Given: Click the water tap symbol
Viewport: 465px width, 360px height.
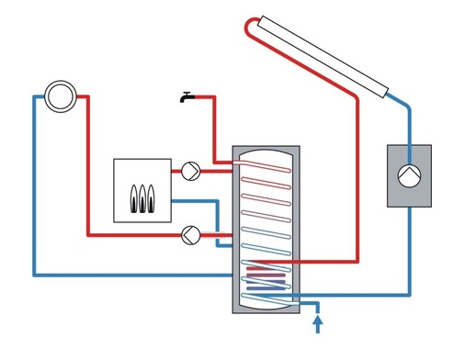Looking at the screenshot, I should [187, 96].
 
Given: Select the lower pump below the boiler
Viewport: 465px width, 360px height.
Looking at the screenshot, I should [190, 233].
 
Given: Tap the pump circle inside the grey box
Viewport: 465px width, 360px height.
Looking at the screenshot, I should [406, 175].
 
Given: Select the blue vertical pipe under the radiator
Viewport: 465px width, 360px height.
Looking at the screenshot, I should [34, 184].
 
